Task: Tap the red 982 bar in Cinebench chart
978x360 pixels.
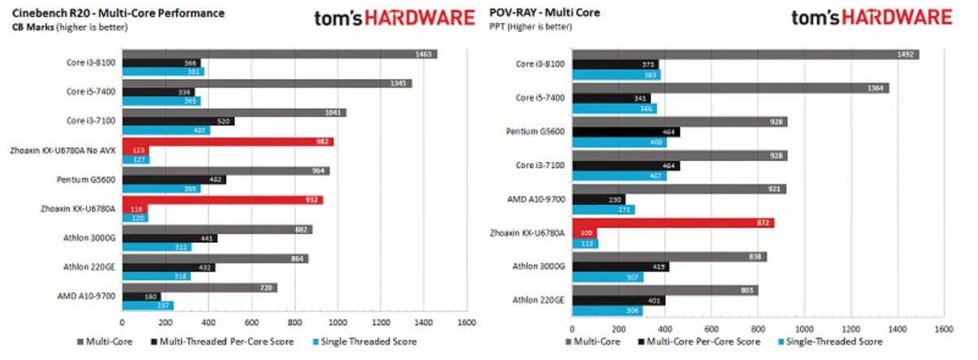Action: [227, 141]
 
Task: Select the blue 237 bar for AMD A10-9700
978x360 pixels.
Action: [147, 306]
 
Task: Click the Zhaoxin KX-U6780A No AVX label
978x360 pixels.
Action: [63, 150]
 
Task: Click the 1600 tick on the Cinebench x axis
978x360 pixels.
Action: [466, 321]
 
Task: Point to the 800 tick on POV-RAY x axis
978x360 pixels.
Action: [758, 329]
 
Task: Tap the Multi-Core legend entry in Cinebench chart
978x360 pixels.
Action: [105, 342]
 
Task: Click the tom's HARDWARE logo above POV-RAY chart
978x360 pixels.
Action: [871, 17]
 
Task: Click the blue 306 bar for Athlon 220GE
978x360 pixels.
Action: [607, 310]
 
